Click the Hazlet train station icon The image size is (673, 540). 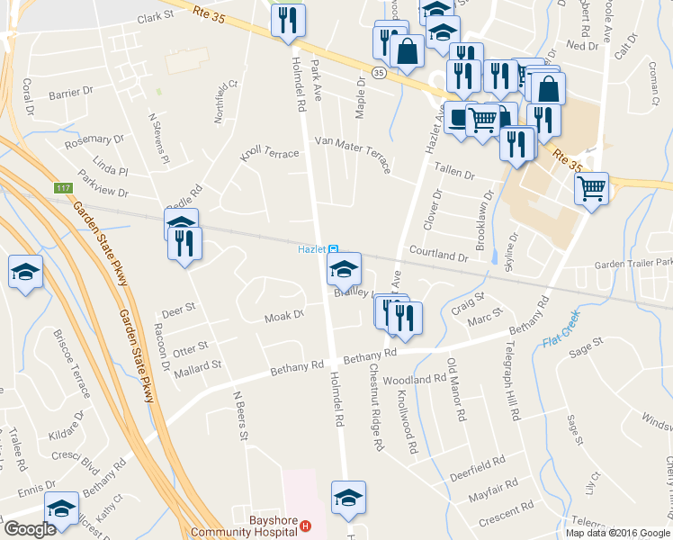pos(333,249)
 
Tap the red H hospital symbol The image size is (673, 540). pos(306,526)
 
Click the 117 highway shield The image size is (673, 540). pos(62,188)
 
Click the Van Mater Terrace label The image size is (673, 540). pos(352,144)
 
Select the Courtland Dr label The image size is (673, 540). pos(440,256)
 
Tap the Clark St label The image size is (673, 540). pos(155,18)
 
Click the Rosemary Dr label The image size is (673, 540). pos(94,140)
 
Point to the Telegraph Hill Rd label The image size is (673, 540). pos(512,382)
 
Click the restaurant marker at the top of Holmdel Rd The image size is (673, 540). pos(288,22)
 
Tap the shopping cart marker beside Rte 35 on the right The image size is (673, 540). pos(591,189)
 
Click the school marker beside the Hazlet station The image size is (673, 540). pos(344,269)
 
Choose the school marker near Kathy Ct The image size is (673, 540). pos(62,509)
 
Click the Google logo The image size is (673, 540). pos(30,529)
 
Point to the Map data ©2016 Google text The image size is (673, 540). pos(616,533)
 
